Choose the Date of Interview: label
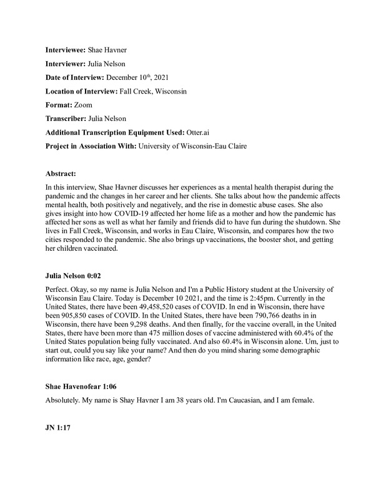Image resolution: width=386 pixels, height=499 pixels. (75, 77)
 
